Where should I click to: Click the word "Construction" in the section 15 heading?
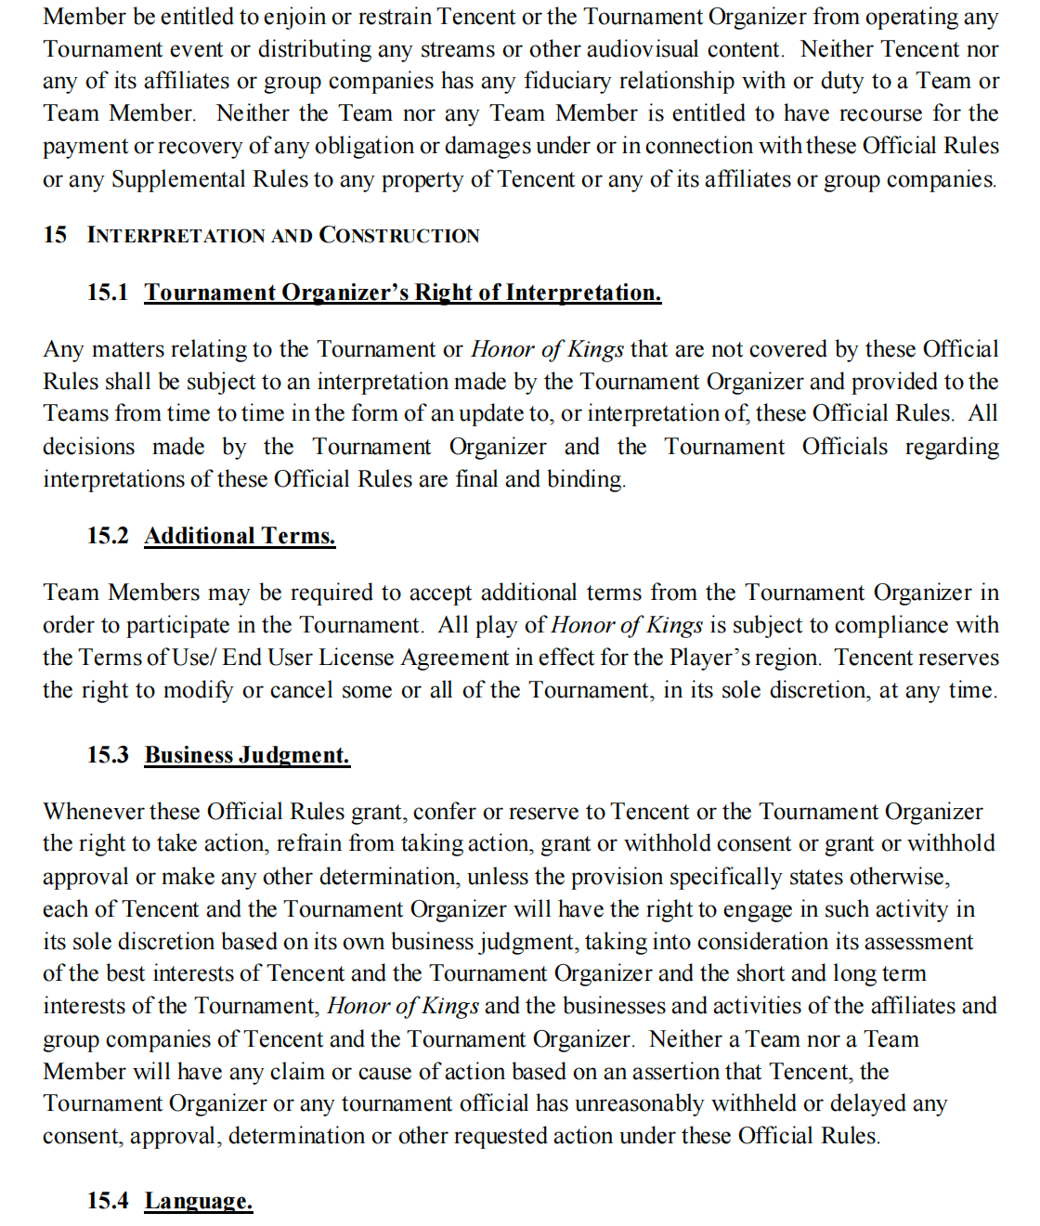[399, 236]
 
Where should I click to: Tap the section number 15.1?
[108, 293]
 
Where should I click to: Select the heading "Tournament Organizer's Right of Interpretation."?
[403, 293]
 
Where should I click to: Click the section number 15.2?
[108, 536]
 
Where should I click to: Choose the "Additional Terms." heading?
[240, 536]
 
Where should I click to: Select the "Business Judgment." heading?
[247, 755]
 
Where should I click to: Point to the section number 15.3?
[108, 755]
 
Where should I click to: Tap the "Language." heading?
[199, 1201]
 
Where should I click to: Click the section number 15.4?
[108, 1201]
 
